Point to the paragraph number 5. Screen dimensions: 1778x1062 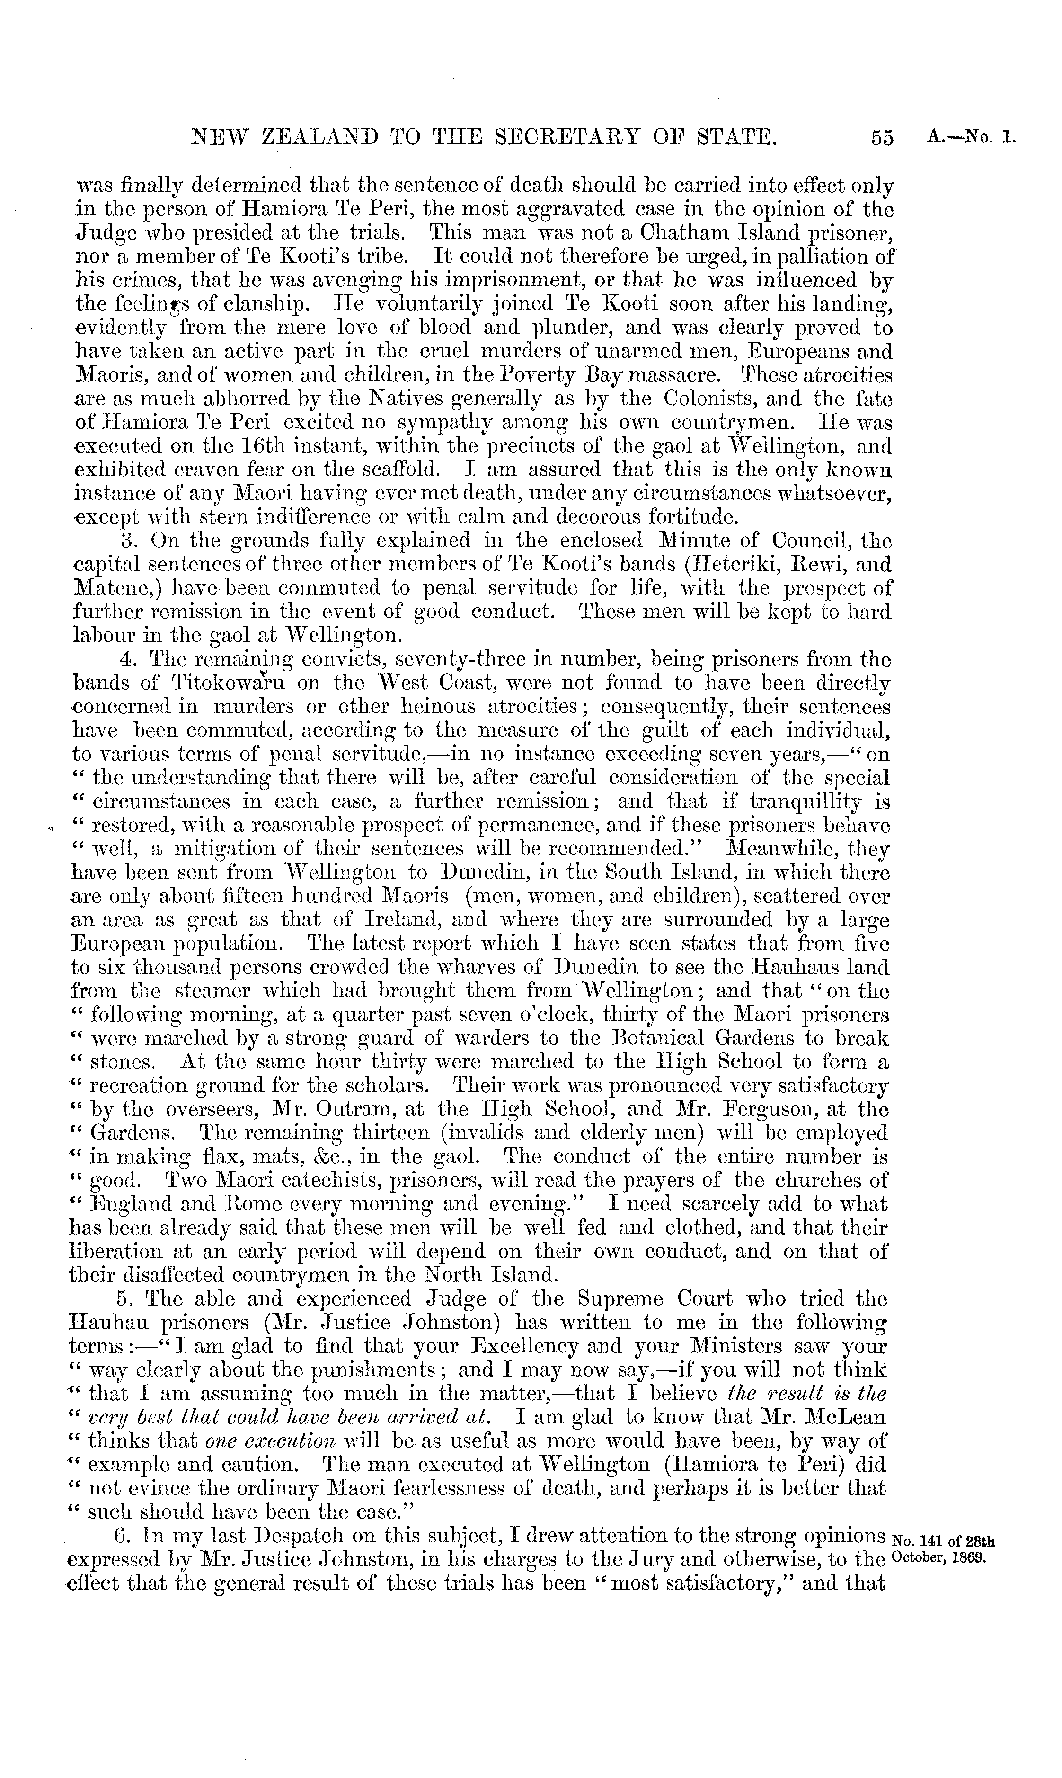click(x=125, y=1298)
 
